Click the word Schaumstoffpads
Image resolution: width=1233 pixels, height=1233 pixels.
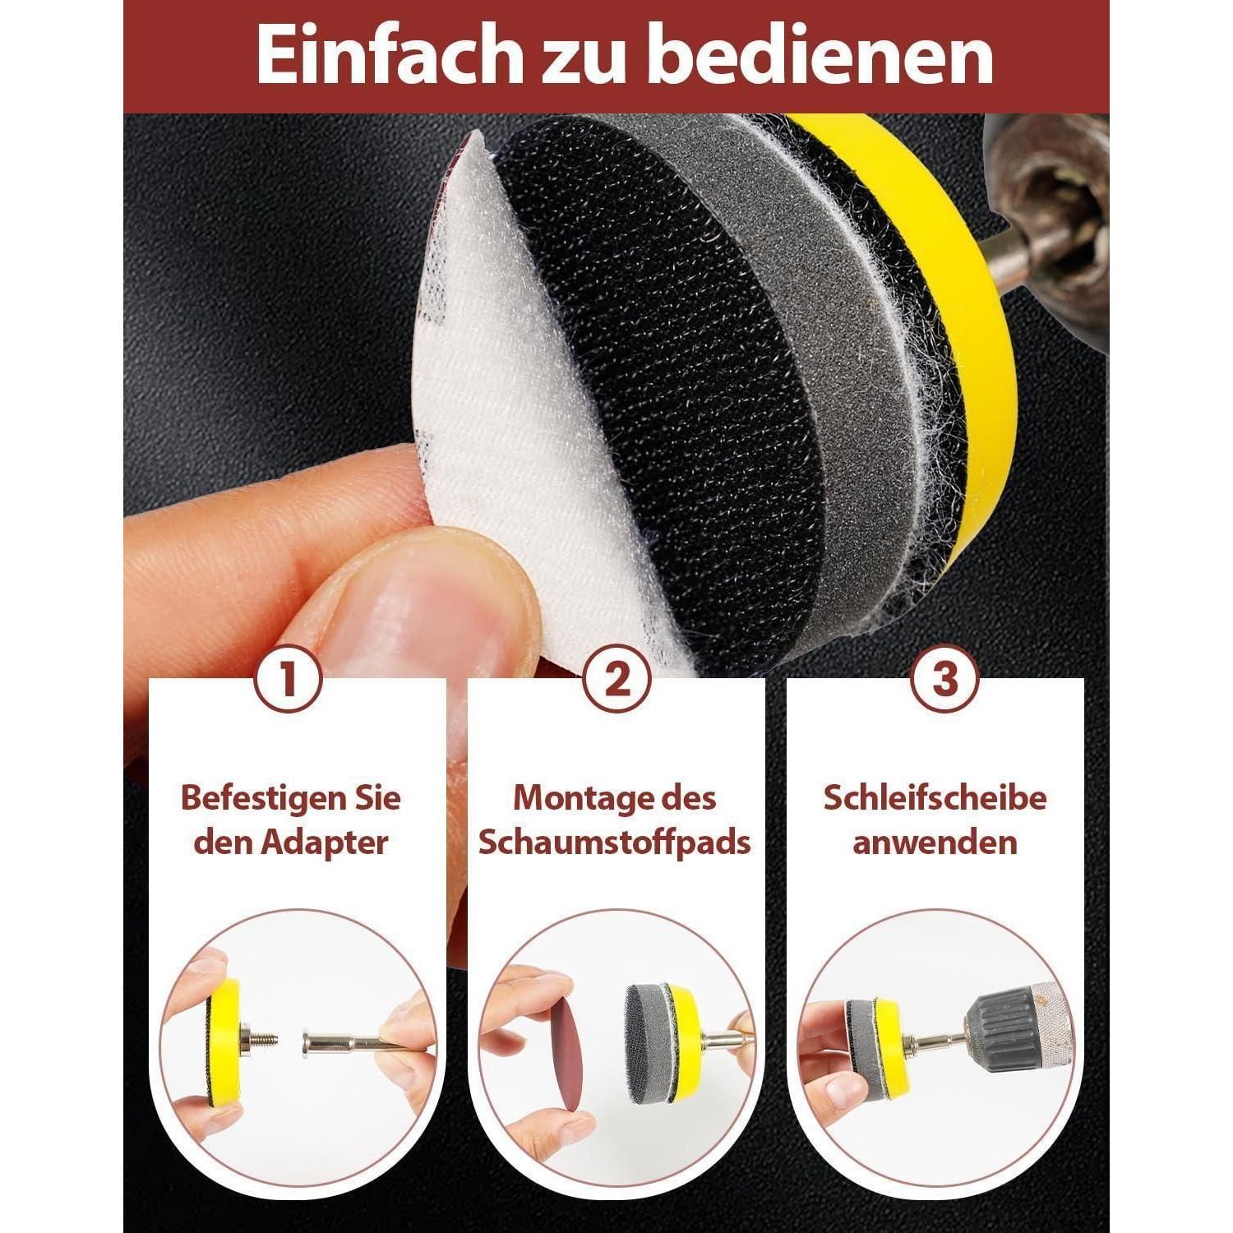[615, 843]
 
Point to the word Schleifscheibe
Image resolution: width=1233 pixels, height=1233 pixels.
[935, 798]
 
